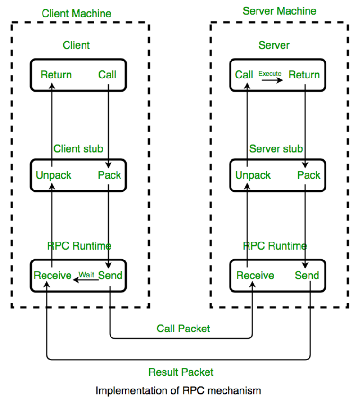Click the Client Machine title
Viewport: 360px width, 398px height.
(x=77, y=13)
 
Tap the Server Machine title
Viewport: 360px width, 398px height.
(x=279, y=11)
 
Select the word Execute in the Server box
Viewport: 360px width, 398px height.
(x=270, y=74)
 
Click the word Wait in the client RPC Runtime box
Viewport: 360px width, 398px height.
(x=86, y=275)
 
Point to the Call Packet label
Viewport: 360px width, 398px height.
(x=183, y=329)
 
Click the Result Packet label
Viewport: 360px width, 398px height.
(x=180, y=372)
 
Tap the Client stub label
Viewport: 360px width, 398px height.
(x=78, y=148)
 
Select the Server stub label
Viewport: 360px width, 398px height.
(x=276, y=148)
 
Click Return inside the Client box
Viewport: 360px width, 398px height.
(x=56, y=75)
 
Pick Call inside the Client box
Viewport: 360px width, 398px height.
(x=107, y=75)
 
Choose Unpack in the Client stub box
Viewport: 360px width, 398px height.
(x=53, y=175)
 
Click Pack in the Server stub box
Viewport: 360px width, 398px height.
(x=309, y=175)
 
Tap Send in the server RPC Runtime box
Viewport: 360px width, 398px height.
(x=307, y=276)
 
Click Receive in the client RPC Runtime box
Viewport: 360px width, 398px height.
(x=53, y=276)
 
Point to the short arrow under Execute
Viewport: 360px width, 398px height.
(x=272, y=80)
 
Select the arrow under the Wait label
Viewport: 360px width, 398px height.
(x=86, y=280)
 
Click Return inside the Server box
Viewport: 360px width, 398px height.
(x=304, y=75)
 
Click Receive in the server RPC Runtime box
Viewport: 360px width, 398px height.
(x=255, y=276)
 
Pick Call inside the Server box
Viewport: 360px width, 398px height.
(x=244, y=75)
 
